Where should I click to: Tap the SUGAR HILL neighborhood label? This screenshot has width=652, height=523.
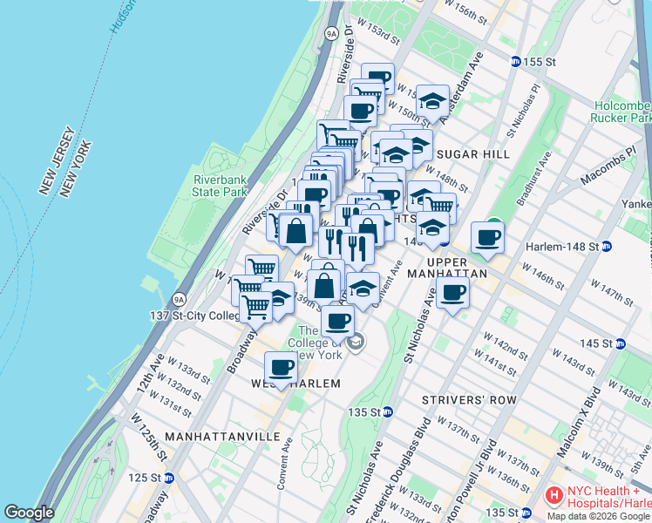(473, 154)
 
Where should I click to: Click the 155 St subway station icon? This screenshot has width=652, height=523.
(515, 62)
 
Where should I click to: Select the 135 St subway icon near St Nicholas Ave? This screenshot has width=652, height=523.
(388, 412)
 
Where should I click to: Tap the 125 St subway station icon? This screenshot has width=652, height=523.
(169, 478)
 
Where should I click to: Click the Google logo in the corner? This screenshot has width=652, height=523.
(29, 513)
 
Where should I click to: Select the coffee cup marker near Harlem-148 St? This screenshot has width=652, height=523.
(487, 236)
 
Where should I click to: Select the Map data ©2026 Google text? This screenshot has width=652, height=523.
(597, 516)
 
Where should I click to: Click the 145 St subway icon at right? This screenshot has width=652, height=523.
(620, 343)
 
